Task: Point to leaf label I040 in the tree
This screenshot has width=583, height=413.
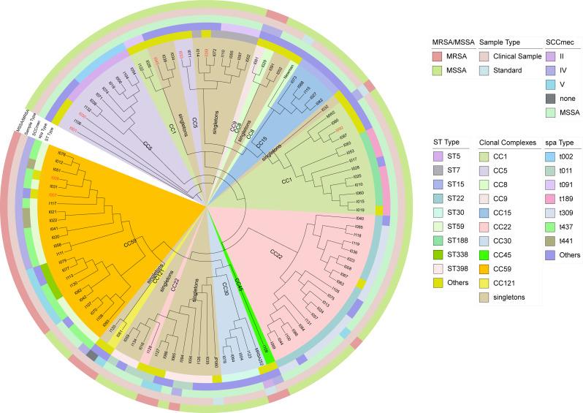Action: click(359, 219)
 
